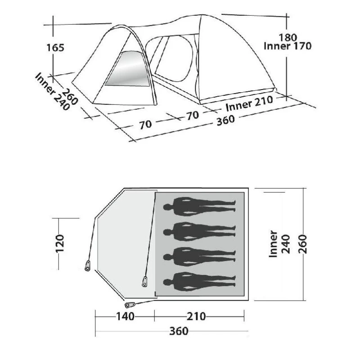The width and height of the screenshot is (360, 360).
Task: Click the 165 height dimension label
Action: click(x=55, y=48)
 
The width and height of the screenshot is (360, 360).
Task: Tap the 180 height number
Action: click(x=288, y=37)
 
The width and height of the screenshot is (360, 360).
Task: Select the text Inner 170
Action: click(x=288, y=46)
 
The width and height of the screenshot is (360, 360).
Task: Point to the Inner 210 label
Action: click(x=249, y=103)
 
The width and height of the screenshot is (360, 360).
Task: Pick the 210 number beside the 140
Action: click(x=196, y=316)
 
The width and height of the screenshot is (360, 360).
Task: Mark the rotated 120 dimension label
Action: click(x=60, y=243)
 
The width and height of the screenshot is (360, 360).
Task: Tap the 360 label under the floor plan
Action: click(x=179, y=331)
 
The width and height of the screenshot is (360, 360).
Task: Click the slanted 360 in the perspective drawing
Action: click(x=226, y=120)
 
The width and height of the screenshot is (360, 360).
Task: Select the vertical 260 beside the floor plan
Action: click(x=302, y=244)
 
